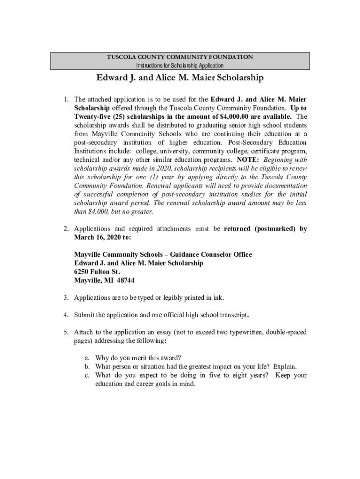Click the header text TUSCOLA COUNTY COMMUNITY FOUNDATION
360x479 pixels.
click(180, 57)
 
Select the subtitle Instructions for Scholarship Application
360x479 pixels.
click(180, 65)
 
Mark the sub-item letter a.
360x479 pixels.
click(87, 358)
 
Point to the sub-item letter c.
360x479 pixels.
click(87, 375)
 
